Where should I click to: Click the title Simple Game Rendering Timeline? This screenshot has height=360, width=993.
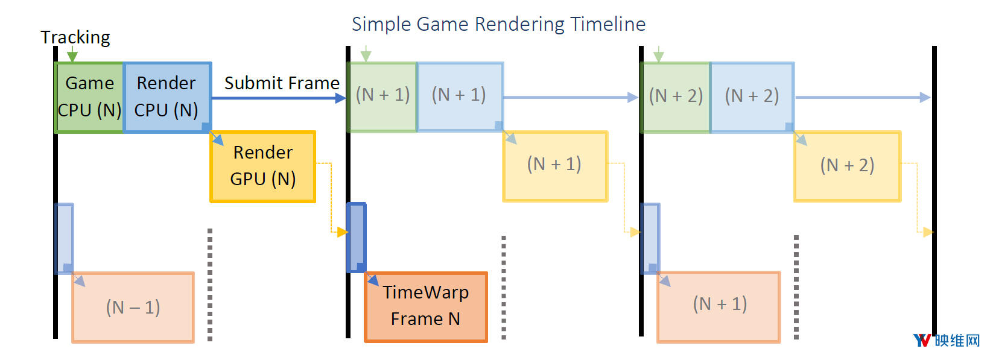click(498, 24)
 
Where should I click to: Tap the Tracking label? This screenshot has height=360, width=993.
click(75, 37)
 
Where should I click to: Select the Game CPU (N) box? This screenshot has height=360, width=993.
click(89, 98)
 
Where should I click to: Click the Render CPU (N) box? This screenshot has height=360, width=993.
click(167, 98)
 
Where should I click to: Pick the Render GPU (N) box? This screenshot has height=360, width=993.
click(263, 166)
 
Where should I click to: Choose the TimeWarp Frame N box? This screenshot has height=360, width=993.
click(425, 307)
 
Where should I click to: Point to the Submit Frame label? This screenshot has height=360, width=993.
click(282, 83)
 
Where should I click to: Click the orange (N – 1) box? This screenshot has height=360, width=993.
click(133, 307)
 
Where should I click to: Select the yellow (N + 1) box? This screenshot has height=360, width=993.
click(555, 166)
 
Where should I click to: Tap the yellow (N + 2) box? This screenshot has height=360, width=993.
click(847, 166)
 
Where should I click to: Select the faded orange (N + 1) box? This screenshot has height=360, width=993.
click(719, 307)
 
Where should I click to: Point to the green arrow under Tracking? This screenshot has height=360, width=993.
click(72, 54)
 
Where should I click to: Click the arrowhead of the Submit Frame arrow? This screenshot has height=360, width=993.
click(340, 98)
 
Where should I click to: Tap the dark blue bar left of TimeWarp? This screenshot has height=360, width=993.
click(357, 238)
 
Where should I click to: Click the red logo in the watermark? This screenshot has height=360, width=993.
click(922, 341)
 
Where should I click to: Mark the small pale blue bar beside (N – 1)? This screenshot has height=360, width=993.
click(65, 239)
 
